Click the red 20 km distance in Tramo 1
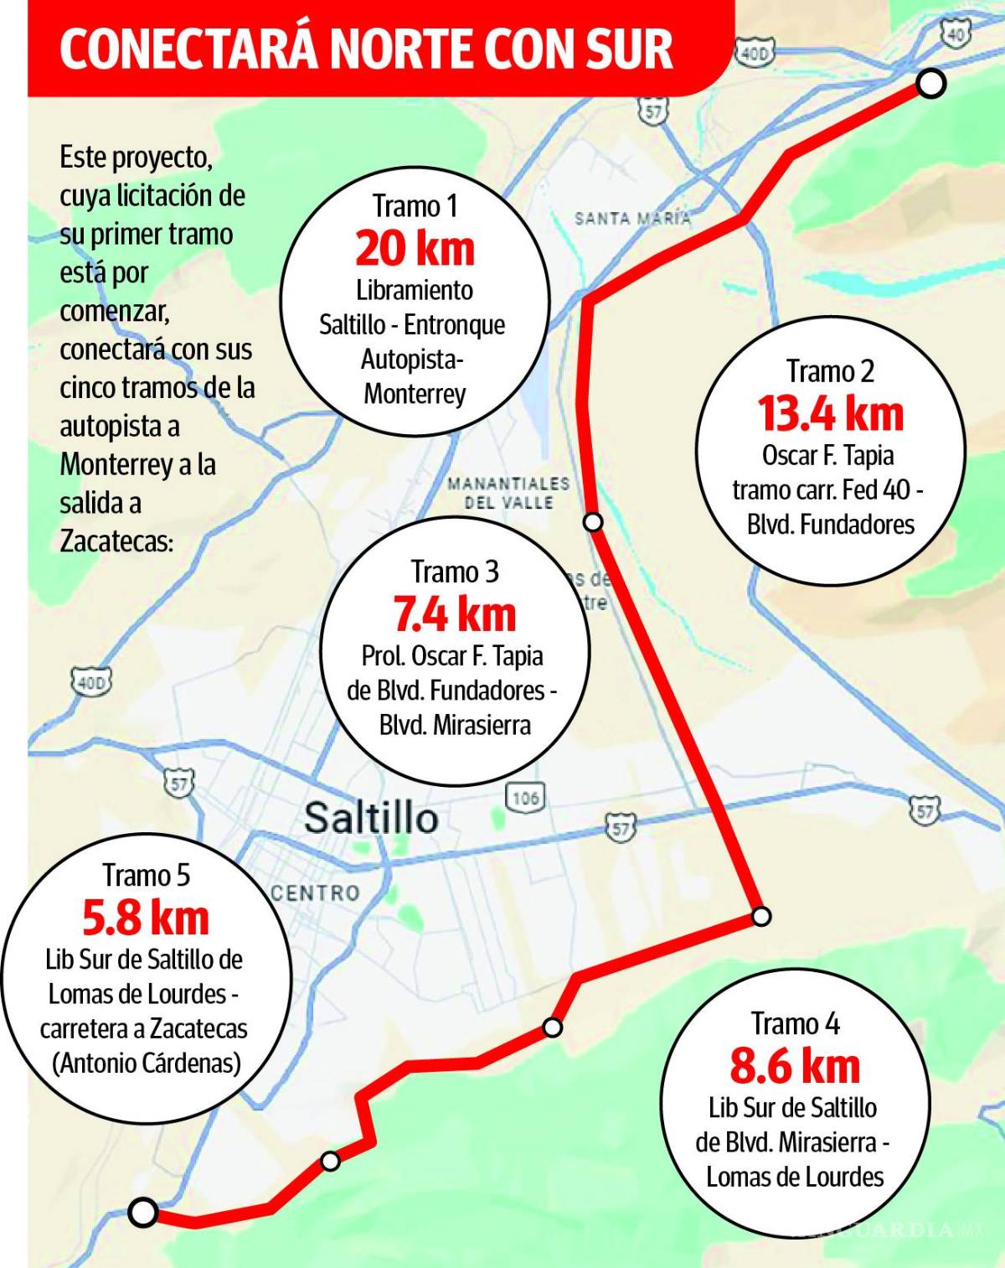(x=415, y=249)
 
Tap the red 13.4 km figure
(x=830, y=414)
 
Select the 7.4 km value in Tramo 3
(x=455, y=615)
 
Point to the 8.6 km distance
(x=795, y=1067)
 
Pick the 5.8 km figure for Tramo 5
(x=146, y=919)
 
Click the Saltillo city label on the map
(x=371, y=818)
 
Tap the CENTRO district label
(x=315, y=893)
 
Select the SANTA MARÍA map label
(x=633, y=219)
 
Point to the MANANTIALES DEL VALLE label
(x=508, y=494)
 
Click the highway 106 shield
(x=525, y=797)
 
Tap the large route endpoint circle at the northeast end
(x=931, y=84)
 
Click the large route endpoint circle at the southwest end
(x=143, y=1212)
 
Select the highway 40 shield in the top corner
(x=956, y=34)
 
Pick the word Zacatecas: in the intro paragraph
(x=116, y=542)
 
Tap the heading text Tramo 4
(x=795, y=1024)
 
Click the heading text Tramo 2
(x=830, y=371)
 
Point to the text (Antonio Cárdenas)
(x=147, y=1064)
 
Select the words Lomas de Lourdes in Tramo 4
(x=795, y=1177)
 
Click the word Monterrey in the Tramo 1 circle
(x=415, y=394)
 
